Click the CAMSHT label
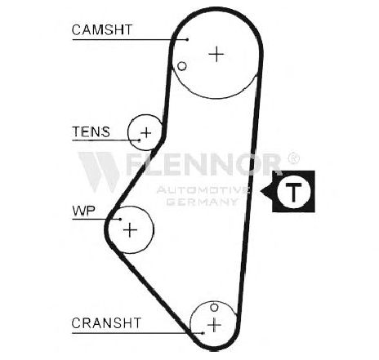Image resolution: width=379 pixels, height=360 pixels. pyautogui.click(x=102, y=29)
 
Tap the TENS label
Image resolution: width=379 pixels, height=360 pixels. pyautogui.click(x=91, y=131)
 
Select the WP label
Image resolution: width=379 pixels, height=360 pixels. pyautogui.click(x=83, y=211)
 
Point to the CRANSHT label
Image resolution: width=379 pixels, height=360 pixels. pyautogui.click(x=106, y=323)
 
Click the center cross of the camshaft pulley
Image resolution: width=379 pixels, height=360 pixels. pyautogui.click(x=216, y=54)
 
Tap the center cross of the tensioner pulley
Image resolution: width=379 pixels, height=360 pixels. pyautogui.click(x=146, y=133)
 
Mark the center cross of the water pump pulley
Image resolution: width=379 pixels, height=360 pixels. pyautogui.click(x=130, y=230)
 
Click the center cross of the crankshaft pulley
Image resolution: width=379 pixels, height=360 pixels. pyautogui.click(x=214, y=325)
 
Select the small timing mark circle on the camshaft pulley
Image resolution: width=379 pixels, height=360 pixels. pyautogui.click(x=182, y=66)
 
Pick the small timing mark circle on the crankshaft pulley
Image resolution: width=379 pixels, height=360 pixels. pyautogui.click(x=214, y=308)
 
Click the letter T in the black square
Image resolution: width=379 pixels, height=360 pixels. pyautogui.click(x=293, y=191)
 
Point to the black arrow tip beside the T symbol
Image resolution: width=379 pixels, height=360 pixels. pyautogui.click(x=261, y=191)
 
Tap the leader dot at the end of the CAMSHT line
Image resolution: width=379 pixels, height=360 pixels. pyautogui.click(x=187, y=40)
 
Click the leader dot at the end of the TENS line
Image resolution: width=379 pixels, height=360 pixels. pyautogui.click(x=140, y=140)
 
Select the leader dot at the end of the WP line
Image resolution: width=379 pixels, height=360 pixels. pyautogui.click(x=120, y=219)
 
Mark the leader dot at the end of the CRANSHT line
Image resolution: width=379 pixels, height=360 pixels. pyautogui.click(x=203, y=333)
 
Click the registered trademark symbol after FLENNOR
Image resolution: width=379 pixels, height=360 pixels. pyautogui.click(x=293, y=158)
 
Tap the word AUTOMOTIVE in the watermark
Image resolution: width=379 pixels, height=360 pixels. pyautogui.click(x=203, y=189)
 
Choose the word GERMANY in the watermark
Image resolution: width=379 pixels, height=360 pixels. pyautogui.click(x=202, y=202)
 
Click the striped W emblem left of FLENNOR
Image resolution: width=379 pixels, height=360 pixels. pyautogui.click(x=100, y=171)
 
